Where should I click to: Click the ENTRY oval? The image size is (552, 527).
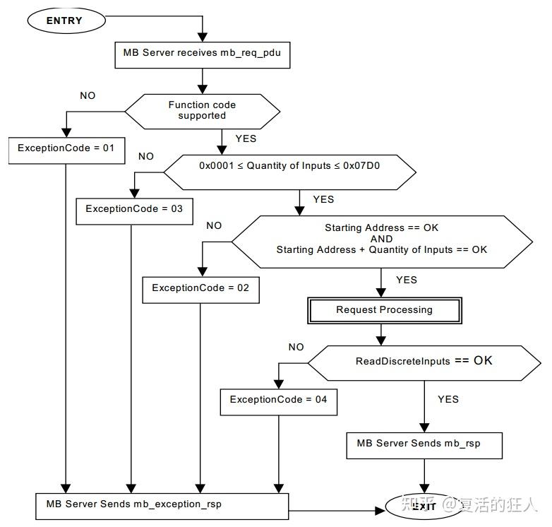(x=64, y=20)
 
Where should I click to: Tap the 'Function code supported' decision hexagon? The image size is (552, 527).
(x=203, y=110)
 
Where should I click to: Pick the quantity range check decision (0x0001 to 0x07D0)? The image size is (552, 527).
(x=289, y=167)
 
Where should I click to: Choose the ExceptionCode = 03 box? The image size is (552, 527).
(x=134, y=210)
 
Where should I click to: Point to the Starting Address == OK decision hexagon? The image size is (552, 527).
(x=381, y=239)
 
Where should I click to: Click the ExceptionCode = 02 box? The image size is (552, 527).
(x=200, y=288)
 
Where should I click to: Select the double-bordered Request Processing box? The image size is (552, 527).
(x=384, y=310)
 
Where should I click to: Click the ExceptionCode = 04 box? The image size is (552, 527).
(x=278, y=400)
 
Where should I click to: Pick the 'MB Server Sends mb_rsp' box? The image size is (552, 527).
(x=424, y=444)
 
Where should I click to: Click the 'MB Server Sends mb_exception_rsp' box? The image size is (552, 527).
(x=163, y=504)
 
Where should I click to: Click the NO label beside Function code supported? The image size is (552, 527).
(x=88, y=95)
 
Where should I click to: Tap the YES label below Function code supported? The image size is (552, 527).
(x=245, y=138)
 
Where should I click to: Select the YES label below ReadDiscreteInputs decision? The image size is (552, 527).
(x=448, y=399)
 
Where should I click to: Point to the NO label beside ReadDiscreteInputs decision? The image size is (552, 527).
(x=296, y=347)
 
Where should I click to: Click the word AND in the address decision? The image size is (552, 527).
(x=381, y=239)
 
